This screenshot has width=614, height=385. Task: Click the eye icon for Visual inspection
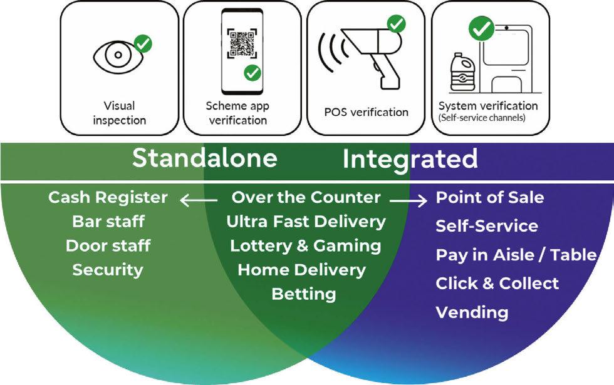pos(118,56)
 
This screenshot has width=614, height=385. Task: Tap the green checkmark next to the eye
pos(143,44)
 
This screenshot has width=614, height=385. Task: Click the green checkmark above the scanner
pos(396,24)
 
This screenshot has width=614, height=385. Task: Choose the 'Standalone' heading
pos(204,158)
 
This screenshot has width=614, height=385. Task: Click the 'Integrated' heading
pos(410,158)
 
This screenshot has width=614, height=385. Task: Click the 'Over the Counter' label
pos(306,198)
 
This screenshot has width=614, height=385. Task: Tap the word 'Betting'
pos(304,294)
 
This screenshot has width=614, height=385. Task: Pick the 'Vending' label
pos(472,312)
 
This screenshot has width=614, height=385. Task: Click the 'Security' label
pos(108,270)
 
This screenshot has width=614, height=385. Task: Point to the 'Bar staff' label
pos(108,222)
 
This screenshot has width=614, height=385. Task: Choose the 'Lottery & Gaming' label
pos(305,246)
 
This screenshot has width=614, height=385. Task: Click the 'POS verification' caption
pos(366,112)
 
